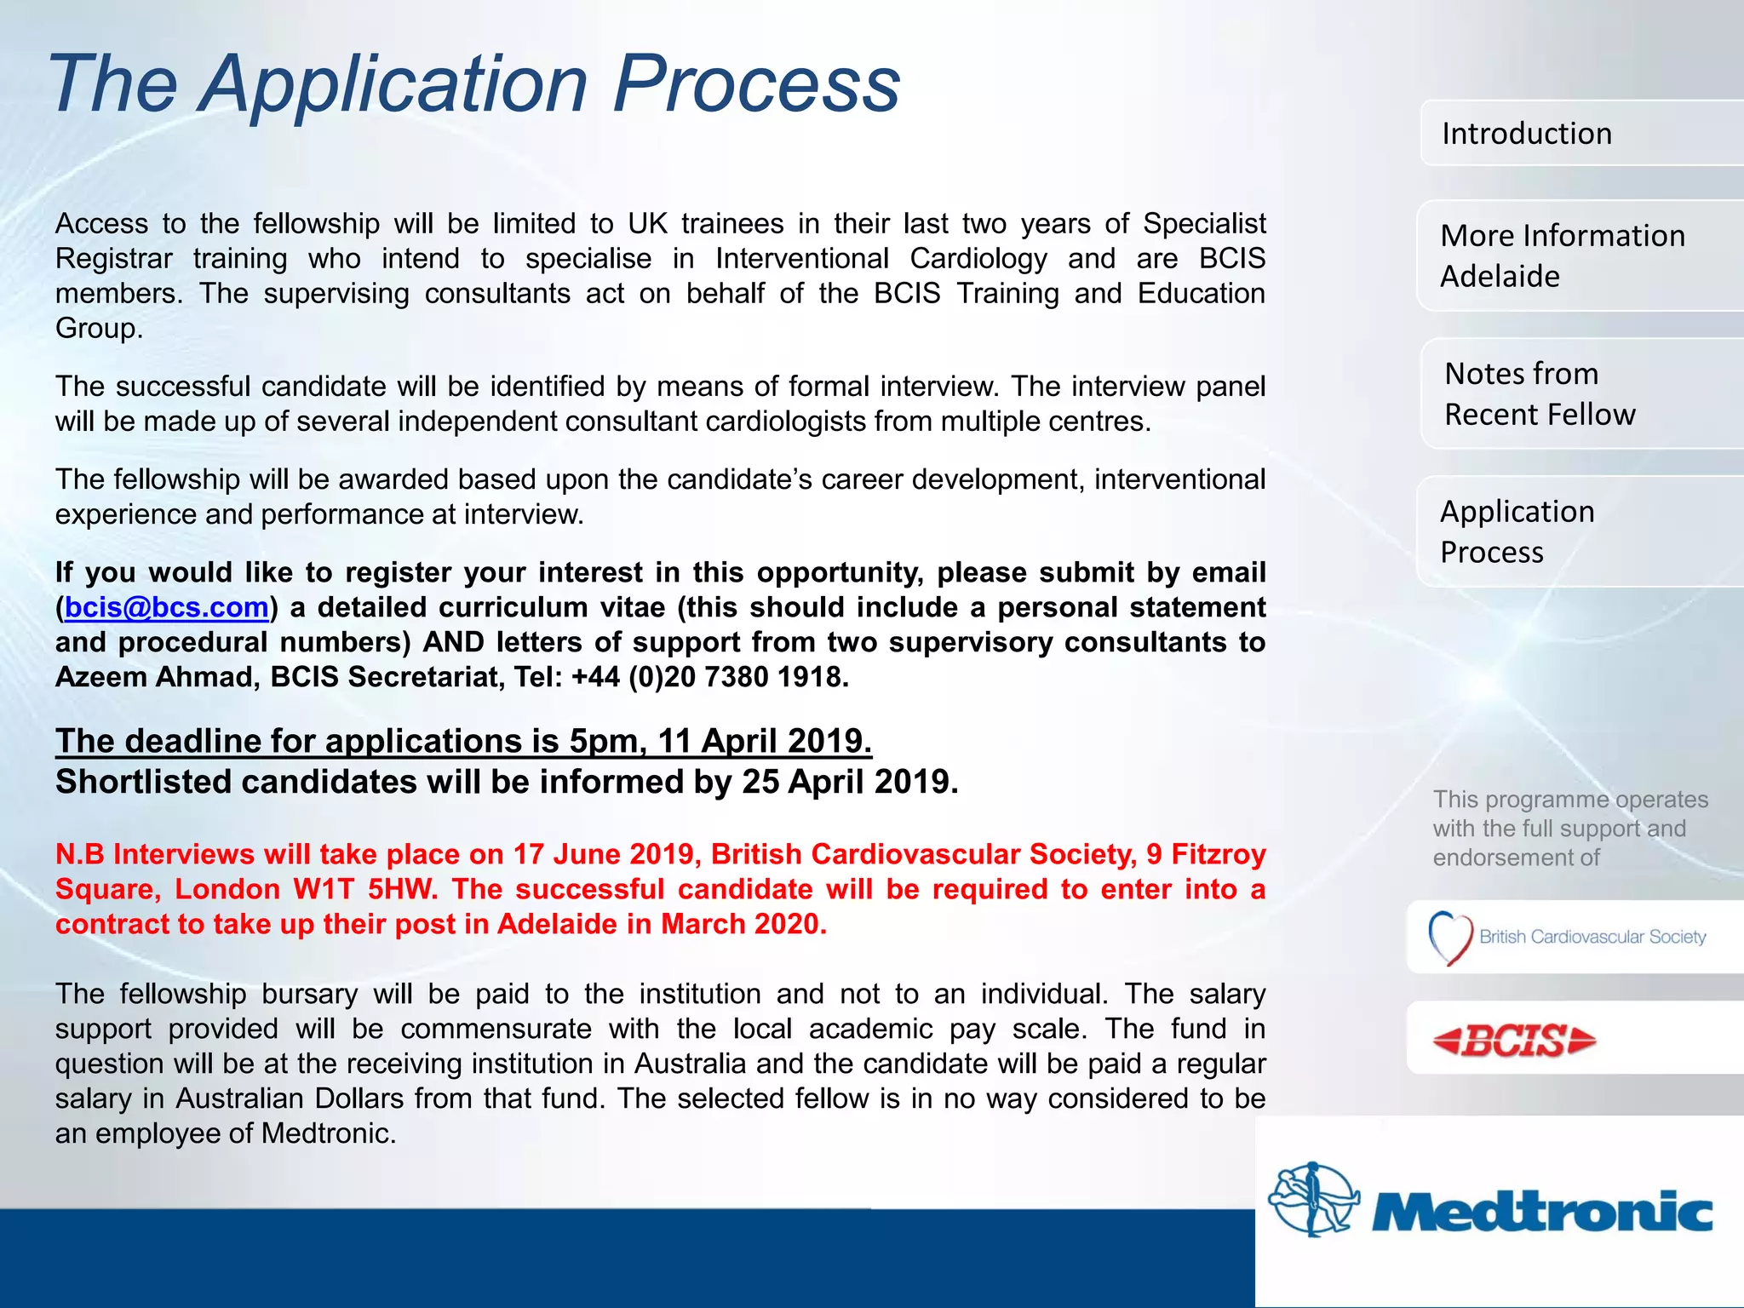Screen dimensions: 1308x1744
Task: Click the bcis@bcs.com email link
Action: tap(167, 607)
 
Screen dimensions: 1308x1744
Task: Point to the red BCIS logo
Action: tap(1514, 1040)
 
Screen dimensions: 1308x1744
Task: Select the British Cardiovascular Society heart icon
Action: tap(1450, 938)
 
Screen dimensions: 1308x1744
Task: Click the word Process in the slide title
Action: tap(756, 83)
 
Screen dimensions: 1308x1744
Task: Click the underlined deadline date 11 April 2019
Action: tap(763, 741)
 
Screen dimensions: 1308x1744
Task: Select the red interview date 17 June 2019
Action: tap(606, 854)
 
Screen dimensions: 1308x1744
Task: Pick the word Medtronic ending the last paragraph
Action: tap(327, 1133)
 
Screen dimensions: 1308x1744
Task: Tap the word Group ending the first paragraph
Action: tap(97, 329)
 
